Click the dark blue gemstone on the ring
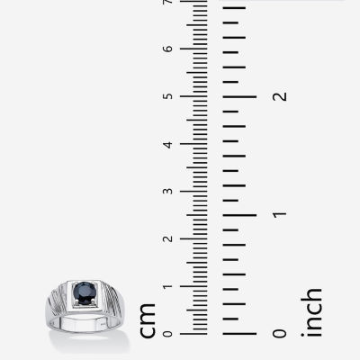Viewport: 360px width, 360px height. (85, 292)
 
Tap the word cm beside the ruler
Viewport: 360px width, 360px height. (148, 320)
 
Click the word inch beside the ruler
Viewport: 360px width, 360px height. (311, 312)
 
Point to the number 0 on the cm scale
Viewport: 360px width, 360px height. (168, 334)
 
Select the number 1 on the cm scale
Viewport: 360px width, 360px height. (168, 286)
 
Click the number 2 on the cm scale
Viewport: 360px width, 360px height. (168, 238)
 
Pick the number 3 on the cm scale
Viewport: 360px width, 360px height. (168, 192)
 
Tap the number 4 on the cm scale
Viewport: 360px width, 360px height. (168, 144)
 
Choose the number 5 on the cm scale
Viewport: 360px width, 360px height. (168, 96)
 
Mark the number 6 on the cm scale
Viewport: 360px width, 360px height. (168, 49)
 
